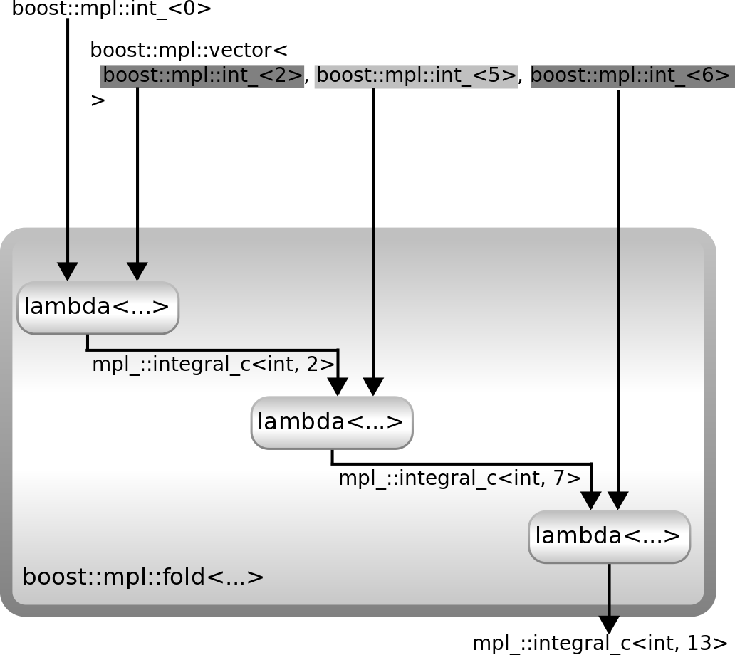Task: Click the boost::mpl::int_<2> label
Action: pyautogui.click(x=203, y=75)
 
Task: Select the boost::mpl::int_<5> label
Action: pyautogui.click(x=416, y=75)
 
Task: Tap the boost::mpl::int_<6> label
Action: pyautogui.click(x=630, y=75)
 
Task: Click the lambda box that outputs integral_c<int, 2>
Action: pyautogui.click(x=98, y=308)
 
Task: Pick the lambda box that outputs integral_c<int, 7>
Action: pyautogui.click(x=332, y=422)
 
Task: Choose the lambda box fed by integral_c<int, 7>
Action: pyautogui.click(x=609, y=536)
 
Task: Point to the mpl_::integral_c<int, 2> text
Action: pyautogui.click(x=213, y=365)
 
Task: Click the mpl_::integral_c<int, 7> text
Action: pyautogui.click(x=459, y=478)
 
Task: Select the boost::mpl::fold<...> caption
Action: pyautogui.click(x=143, y=577)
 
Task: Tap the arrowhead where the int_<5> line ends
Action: pyautogui.click(x=373, y=387)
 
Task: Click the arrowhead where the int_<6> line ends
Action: pyautogui.click(x=618, y=501)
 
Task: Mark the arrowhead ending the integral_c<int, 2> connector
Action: pyautogui.click(x=337, y=387)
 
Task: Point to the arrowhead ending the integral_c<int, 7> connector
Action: pyautogui.click(x=591, y=501)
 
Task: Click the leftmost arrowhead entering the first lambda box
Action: pyautogui.click(x=68, y=271)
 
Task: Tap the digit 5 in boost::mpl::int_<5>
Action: pyautogui.click(x=495, y=75)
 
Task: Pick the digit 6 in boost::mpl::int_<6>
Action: pyautogui.click(x=710, y=75)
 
